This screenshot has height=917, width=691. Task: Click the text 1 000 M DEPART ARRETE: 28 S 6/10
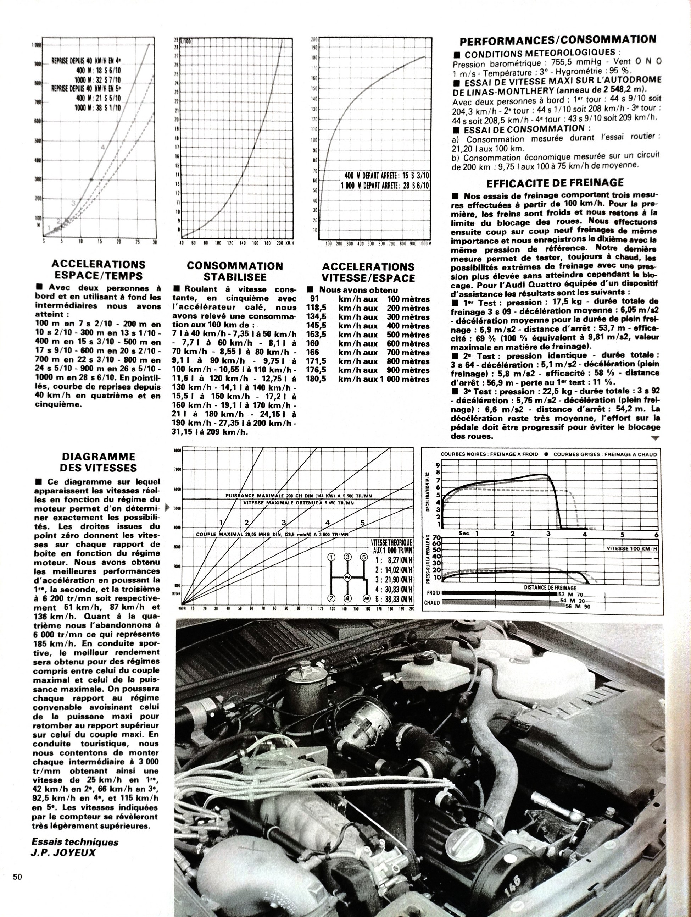(x=385, y=185)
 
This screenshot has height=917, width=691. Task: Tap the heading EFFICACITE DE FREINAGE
(x=555, y=183)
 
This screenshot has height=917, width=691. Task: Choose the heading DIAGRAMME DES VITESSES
(x=98, y=462)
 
